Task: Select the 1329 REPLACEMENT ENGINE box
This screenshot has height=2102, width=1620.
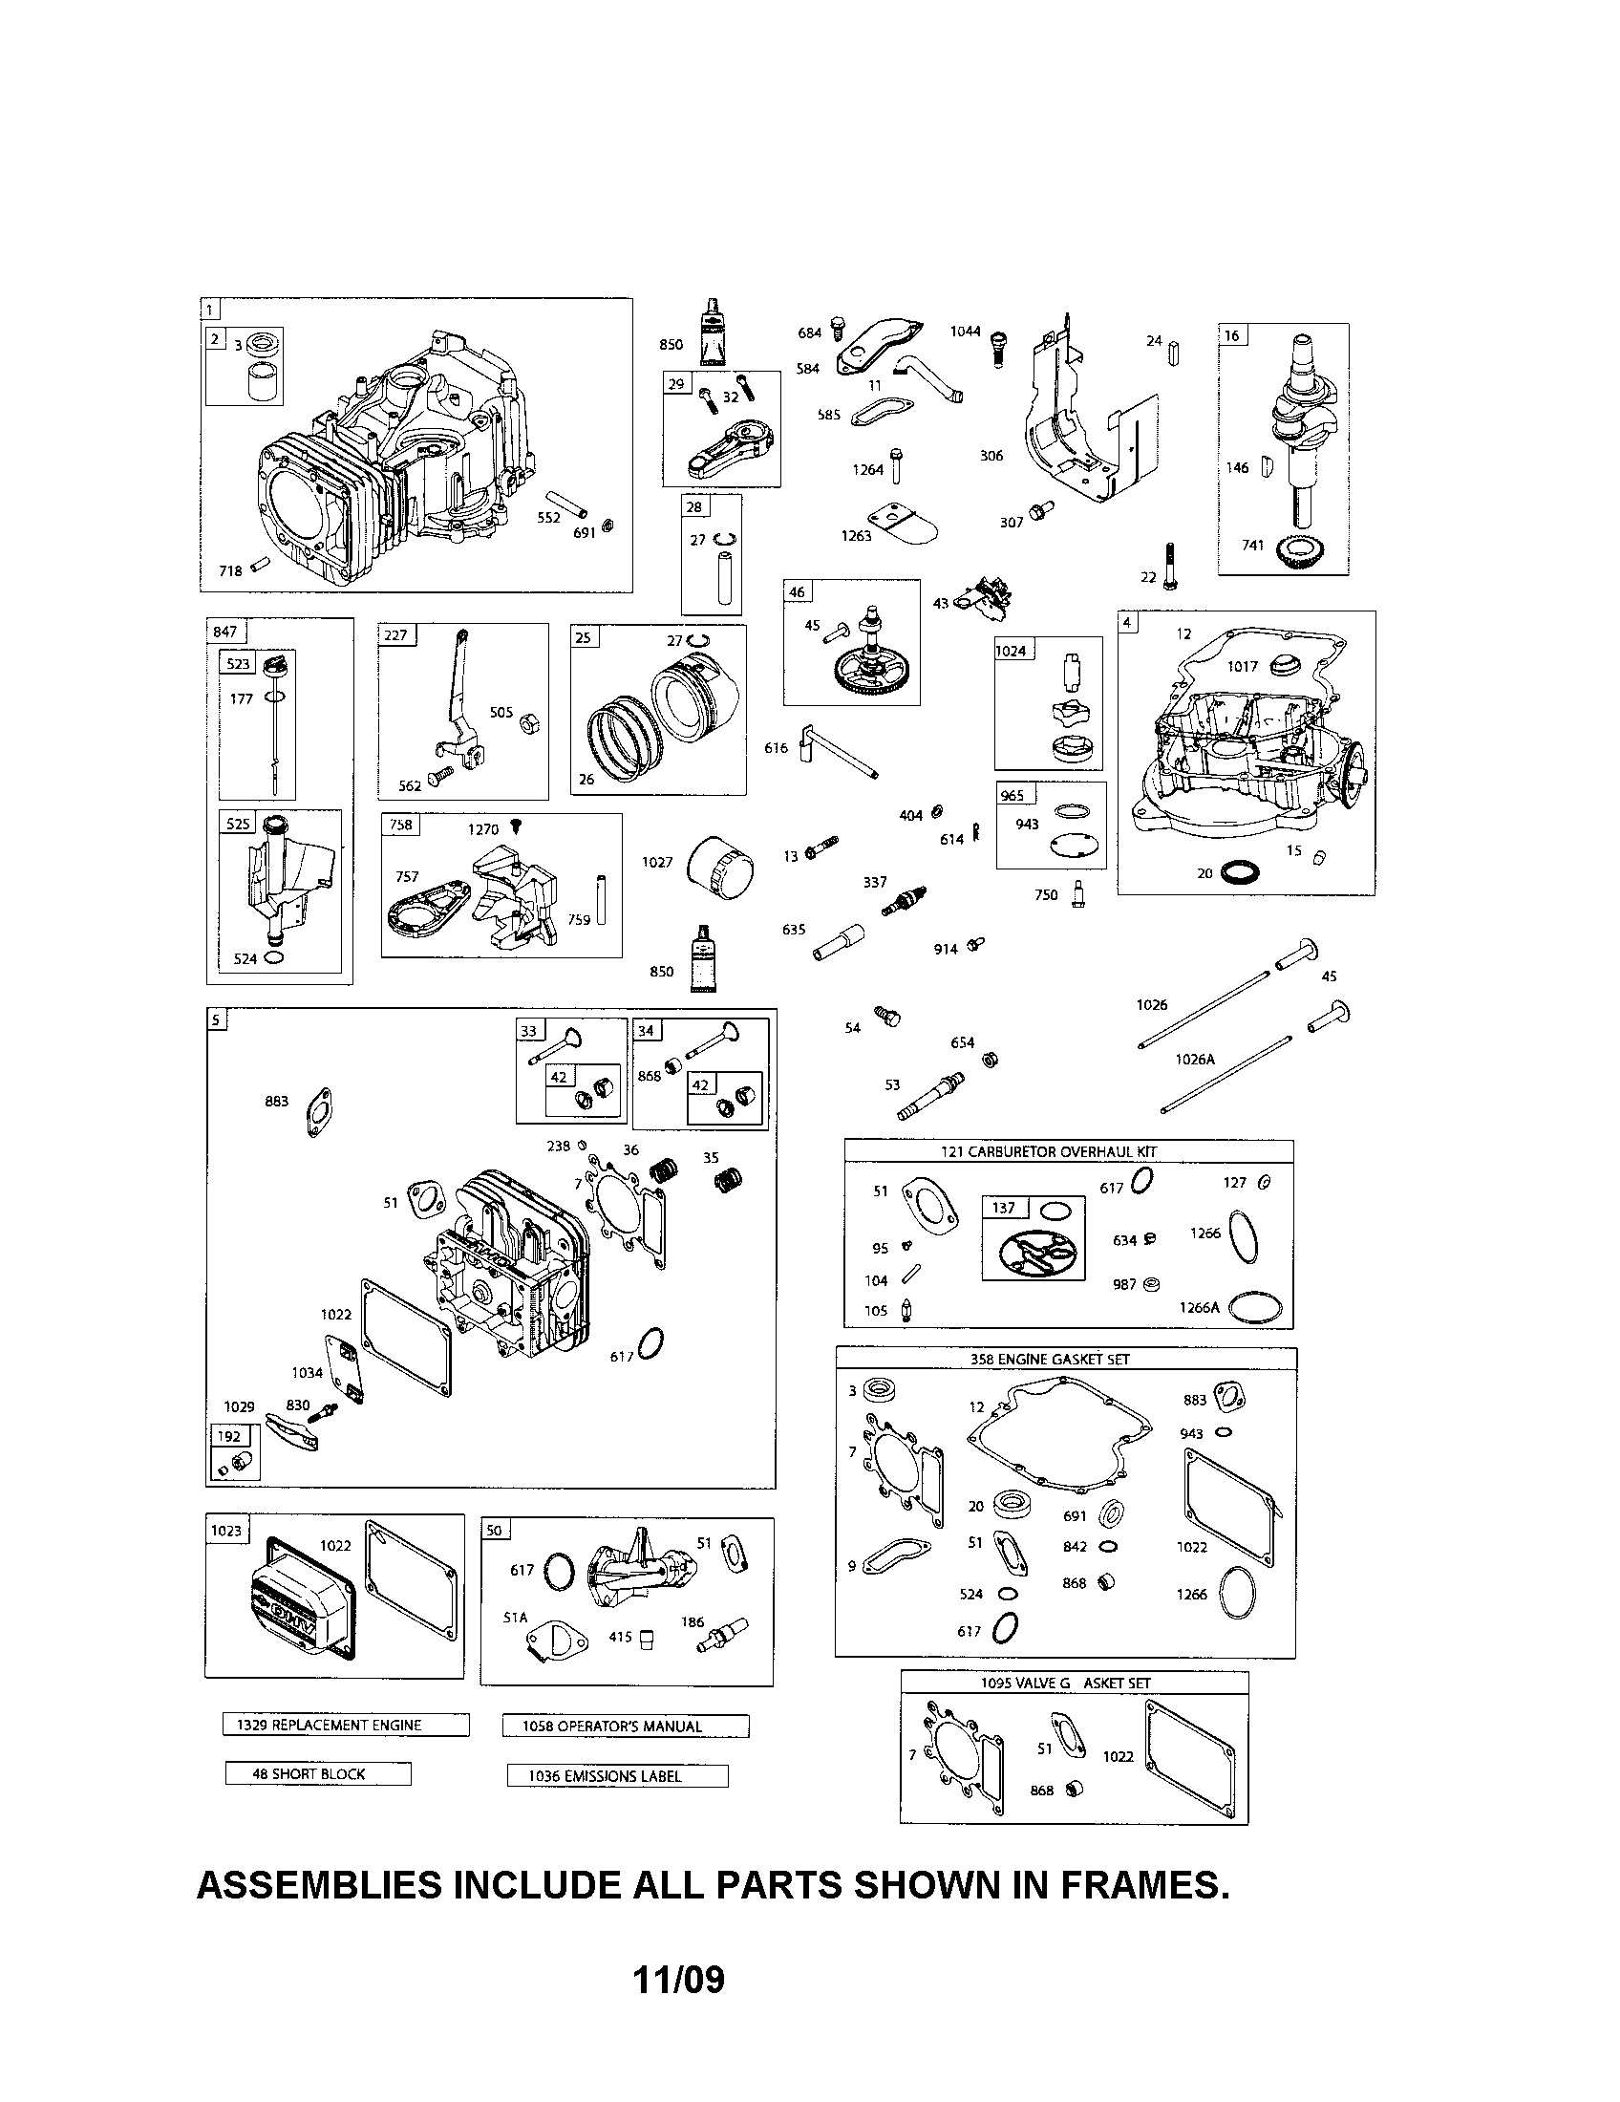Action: point(346,1725)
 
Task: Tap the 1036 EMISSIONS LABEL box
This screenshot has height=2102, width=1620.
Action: point(617,1776)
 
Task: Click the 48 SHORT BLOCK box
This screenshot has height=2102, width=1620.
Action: point(317,1774)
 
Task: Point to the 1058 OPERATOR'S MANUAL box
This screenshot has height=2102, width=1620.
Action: point(625,1726)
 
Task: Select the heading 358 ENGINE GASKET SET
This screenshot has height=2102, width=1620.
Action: point(1050,1359)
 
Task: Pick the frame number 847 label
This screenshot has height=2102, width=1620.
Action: point(225,633)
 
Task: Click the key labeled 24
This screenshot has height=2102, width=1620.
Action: point(1175,354)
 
